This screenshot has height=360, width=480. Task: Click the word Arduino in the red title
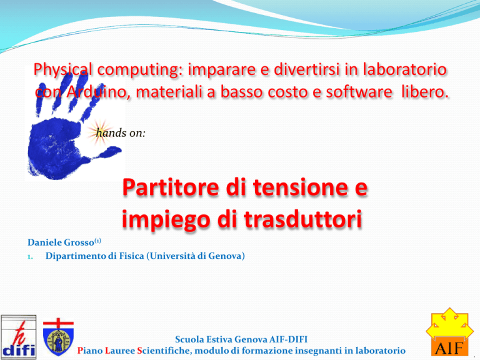point(96,92)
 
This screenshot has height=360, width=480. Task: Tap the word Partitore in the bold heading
point(171,187)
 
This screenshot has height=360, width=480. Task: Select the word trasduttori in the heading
point(302,219)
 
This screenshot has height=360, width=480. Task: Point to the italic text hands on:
point(121,133)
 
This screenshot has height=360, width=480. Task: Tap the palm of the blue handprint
point(55,147)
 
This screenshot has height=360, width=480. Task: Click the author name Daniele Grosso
point(61,242)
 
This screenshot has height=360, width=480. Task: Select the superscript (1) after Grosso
point(97,240)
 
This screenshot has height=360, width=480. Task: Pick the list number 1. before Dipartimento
point(30,257)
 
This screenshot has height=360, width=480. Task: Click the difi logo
point(18,337)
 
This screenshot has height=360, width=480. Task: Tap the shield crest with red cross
point(59,337)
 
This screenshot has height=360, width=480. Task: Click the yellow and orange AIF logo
point(450,332)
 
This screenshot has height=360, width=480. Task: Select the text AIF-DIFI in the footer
point(288,339)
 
